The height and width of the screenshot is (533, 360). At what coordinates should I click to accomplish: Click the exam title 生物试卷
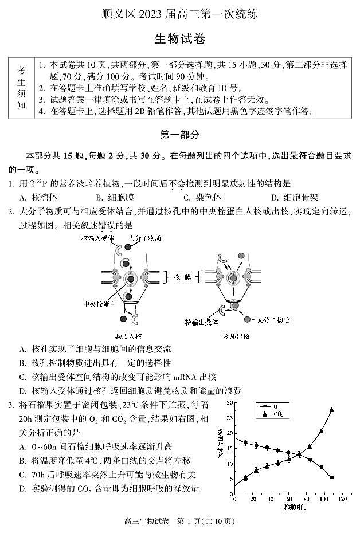tap(179, 39)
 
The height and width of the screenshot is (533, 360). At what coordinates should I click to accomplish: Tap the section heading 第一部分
tap(179, 135)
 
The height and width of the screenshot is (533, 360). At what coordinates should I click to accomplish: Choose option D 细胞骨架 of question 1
tap(295, 197)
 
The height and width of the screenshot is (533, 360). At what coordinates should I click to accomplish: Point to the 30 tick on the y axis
tap(229, 403)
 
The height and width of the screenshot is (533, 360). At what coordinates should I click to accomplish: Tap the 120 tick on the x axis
tap(343, 500)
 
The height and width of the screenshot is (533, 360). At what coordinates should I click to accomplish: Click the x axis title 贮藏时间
tap(293, 508)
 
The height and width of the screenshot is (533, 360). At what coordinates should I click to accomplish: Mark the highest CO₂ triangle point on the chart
tap(331, 410)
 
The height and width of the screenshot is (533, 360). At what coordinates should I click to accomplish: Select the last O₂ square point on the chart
tap(331, 477)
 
